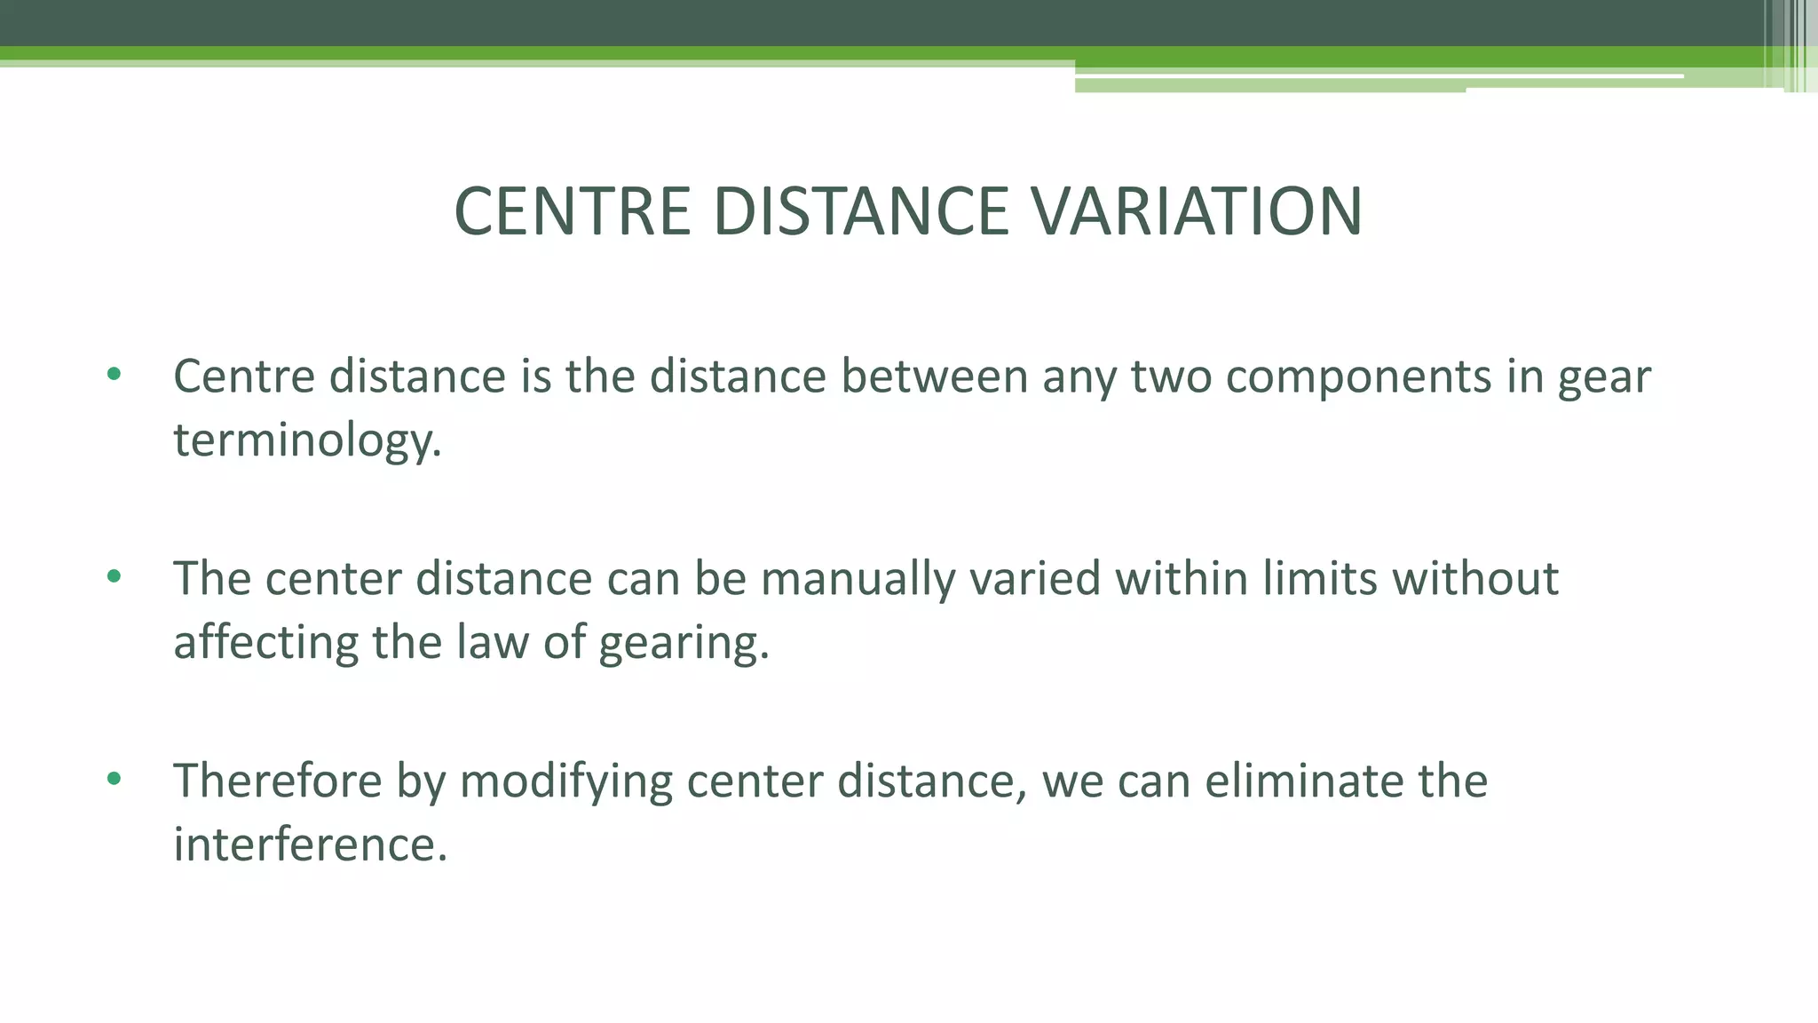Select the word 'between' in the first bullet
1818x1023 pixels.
coord(934,377)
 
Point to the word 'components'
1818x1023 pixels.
coord(1358,377)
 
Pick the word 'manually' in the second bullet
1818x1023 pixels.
coord(858,578)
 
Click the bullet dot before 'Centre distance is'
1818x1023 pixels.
coord(114,374)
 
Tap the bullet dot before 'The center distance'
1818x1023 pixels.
coord(114,576)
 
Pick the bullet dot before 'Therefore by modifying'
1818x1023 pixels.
coord(114,779)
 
